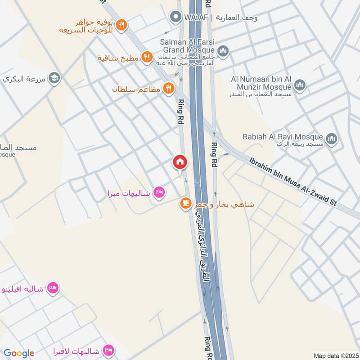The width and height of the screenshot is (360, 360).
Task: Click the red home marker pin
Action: [180, 162]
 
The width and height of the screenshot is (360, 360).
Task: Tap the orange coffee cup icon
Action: [185, 204]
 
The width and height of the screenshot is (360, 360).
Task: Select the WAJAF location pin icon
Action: [175, 18]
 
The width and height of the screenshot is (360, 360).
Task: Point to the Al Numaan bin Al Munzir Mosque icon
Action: [300, 85]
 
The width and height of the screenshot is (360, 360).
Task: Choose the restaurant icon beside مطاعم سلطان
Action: [169, 89]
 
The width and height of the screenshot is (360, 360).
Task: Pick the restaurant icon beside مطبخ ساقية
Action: [146, 57]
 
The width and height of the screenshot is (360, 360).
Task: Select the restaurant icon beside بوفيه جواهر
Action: [121, 26]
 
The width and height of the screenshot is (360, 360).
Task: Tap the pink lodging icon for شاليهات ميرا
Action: [159, 193]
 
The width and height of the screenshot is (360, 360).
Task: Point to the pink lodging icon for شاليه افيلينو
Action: [53, 288]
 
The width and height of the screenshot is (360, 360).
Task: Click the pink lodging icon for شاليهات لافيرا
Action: [108, 350]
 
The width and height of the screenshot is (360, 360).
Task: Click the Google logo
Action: [19, 353]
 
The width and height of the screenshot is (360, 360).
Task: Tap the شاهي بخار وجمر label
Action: [224, 204]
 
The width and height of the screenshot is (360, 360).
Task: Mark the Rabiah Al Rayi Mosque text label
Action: [283, 137]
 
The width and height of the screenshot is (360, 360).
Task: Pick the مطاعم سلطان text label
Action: [136, 89]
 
